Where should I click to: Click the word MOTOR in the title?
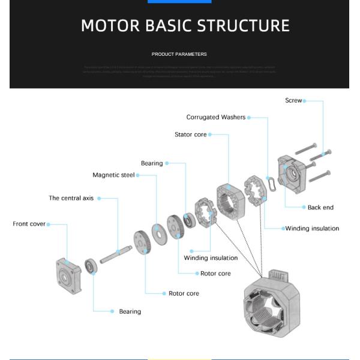pos(109,26)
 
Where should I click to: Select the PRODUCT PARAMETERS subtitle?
pos(179,54)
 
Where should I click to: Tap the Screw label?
pos(293,101)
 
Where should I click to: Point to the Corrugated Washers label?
pos(215,118)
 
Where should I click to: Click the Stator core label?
pos(190,135)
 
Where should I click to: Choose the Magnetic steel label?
pos(113,175)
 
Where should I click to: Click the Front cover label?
pos(29,224)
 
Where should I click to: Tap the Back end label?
pos(320,208)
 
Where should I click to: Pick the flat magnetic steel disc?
pos(160,233)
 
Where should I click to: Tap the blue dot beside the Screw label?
pos(305,101)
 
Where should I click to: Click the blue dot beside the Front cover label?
pos(48,224)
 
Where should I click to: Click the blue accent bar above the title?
pos(179,1)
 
